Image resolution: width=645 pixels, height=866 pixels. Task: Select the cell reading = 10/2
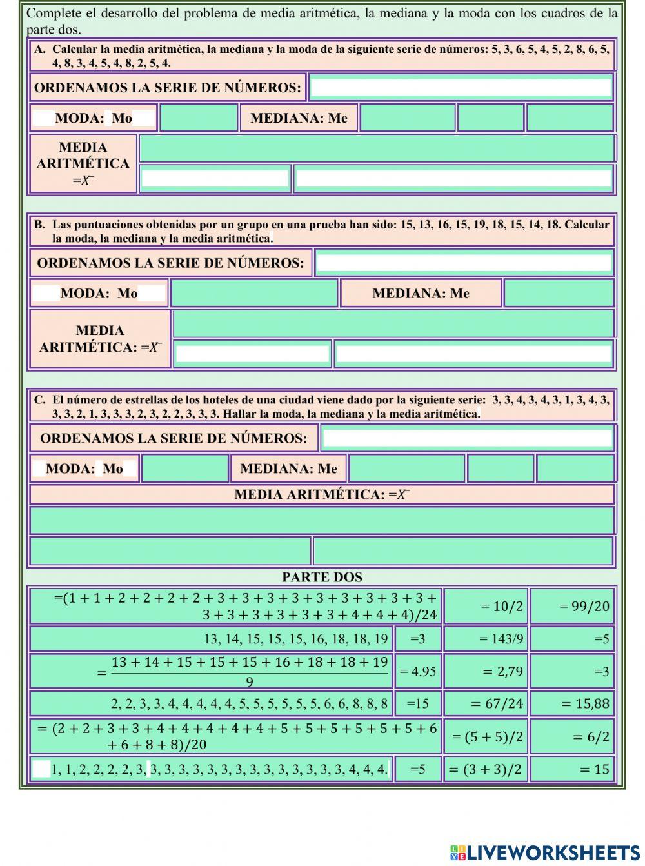[486, 606]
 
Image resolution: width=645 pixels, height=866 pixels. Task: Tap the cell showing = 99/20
[572, 606]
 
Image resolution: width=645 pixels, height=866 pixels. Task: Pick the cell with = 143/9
[486, 639]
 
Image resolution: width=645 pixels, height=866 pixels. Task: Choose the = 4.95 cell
[418, 671]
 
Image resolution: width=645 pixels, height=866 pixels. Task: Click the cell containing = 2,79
[486, 671]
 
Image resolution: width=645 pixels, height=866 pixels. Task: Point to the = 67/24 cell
[486, 703]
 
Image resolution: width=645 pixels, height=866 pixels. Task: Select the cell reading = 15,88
[572, 703]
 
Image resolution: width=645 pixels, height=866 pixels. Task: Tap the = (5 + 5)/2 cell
[486, 736]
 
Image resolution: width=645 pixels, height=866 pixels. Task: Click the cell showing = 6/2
[572, 736]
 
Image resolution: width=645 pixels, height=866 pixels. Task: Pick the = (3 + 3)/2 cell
[486, 769]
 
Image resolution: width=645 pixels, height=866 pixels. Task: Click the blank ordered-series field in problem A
[461, 87]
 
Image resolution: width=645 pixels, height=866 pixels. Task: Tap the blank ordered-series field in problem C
[467, 438]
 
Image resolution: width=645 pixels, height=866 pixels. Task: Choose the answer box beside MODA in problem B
[254, 293]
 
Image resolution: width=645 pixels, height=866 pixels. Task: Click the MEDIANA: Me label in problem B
[421, 294]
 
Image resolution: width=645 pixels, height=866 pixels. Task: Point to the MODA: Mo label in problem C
[84, 468]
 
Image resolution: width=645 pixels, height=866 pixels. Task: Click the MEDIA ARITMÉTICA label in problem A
[83, 163]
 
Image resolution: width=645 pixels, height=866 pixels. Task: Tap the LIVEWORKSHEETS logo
[544, 852]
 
